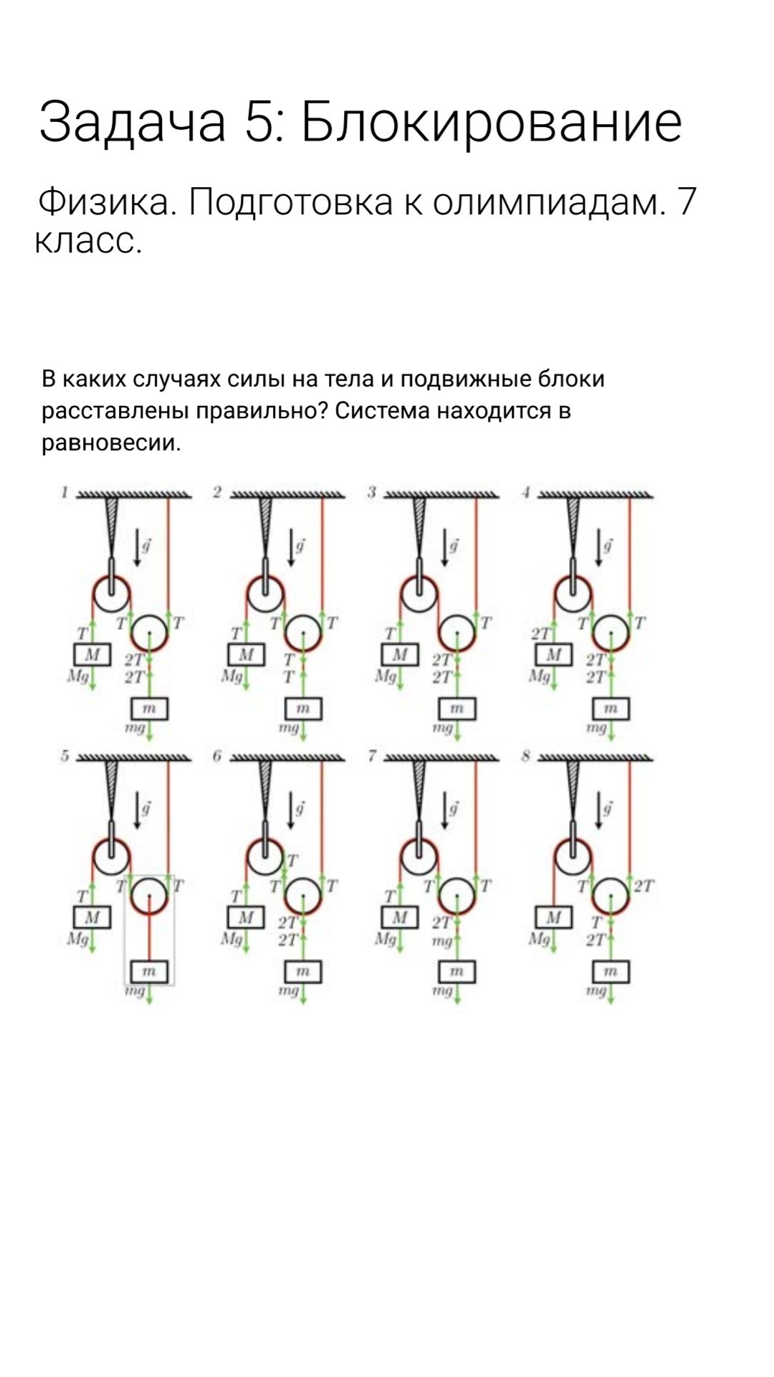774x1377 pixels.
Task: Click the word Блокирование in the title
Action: [x=491, y=121]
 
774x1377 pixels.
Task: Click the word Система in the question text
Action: [x=382, y=411]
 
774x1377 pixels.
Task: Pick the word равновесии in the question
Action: [x=110, y=443]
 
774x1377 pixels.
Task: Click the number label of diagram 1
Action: [x=64, y=492]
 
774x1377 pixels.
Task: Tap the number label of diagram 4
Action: [x=526, y=492]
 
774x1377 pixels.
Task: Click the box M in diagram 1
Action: [x=92, y=655]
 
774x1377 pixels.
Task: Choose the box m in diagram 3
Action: [x=457, y=709]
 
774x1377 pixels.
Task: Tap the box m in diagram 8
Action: [x=611, y=971]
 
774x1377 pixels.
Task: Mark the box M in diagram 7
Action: [x=400, y=917]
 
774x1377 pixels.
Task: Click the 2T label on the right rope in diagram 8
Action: [x=644, y=886]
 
